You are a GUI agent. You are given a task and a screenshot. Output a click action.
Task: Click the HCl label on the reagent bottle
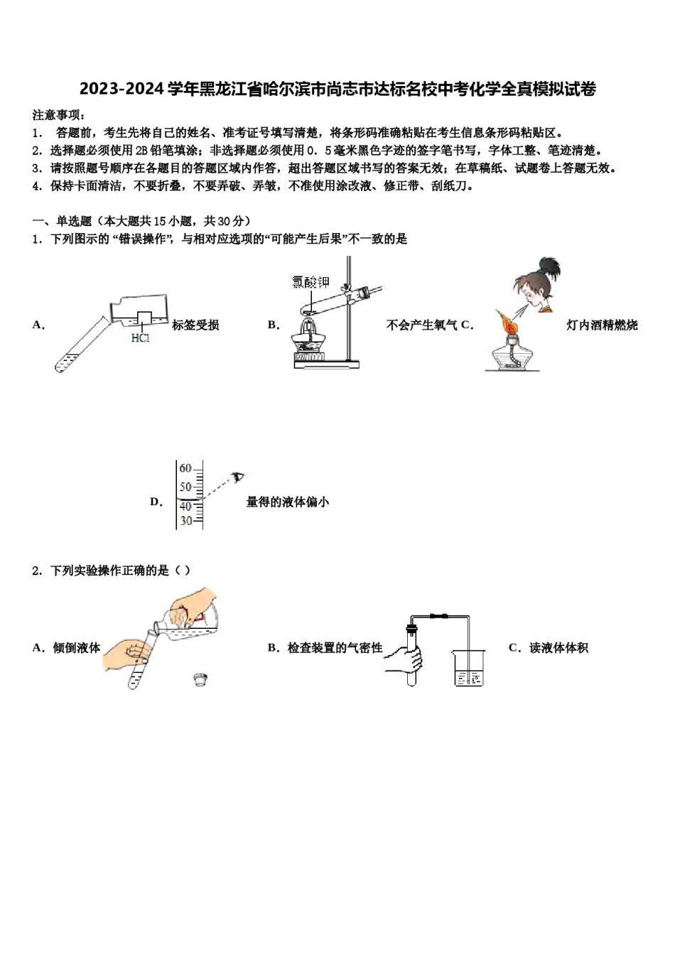tap(141, 338)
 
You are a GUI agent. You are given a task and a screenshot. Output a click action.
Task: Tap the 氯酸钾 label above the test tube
tap(310, 283)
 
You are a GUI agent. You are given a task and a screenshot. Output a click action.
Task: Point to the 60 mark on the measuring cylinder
tap(185, 469)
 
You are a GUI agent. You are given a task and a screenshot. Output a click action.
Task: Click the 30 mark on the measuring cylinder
tap(185, 521)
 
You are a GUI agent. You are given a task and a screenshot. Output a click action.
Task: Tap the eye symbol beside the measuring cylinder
tap(239, 476)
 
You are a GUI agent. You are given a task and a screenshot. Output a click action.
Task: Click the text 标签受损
tap(195, 325)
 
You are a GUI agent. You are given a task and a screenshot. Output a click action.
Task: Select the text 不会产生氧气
tap(421, 325)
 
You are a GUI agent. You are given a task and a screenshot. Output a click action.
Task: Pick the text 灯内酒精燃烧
tap(602, 325)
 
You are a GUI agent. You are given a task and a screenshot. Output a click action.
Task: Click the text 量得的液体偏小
tap(288, 502)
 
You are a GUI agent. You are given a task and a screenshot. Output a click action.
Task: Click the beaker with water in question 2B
tap(468, 667)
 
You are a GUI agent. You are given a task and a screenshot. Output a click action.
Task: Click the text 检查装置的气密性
tap(335, 648)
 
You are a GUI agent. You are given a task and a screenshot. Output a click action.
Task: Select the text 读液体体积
tap(558, 648)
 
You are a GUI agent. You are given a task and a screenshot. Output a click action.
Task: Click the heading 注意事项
tap(58, 115)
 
